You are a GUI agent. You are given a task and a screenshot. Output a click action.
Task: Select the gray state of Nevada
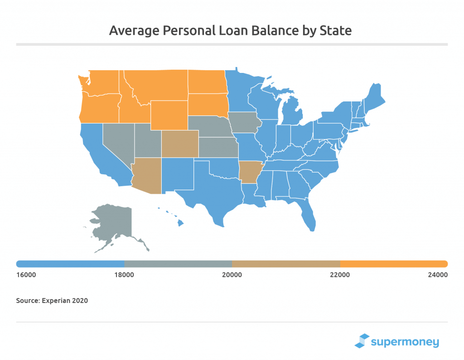point(117,140)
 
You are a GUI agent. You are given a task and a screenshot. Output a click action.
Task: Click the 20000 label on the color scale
point(232,275)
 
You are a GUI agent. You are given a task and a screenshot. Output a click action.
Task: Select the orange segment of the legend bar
point(394,264)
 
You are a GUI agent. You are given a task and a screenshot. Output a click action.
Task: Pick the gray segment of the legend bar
point(178,264)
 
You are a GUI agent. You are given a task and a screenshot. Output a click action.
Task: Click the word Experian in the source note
point(56,300)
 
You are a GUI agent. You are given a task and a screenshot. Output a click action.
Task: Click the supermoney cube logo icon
point(362,341)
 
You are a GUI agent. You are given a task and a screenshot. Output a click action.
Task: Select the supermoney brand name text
point(405,341)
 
